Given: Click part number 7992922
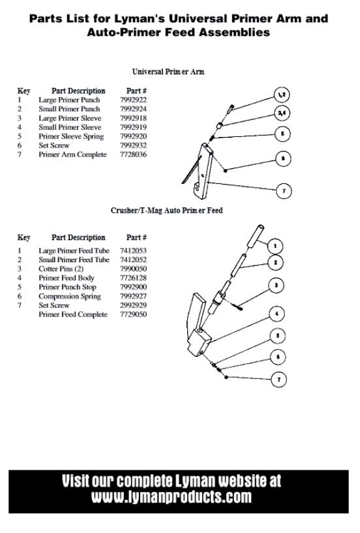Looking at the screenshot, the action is point(133,100).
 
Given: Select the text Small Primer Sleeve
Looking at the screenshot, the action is point(70,127).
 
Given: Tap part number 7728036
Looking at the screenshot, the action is point(133,155).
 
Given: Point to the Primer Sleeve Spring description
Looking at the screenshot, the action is point(71,136).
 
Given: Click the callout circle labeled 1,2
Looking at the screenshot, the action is point(282,95).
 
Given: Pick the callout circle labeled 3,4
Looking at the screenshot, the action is point(282,114).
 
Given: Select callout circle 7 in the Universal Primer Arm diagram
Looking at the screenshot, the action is point(284,190).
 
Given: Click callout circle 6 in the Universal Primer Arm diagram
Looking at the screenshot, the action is point(283,159).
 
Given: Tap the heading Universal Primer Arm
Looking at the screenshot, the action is point(168,72).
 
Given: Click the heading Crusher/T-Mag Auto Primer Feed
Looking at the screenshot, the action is point(166,211).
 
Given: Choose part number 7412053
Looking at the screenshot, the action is point(133,251).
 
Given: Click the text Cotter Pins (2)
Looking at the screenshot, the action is point(61,269).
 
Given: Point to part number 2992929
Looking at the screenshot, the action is point(133,305).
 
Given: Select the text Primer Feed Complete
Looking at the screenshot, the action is point(73,314).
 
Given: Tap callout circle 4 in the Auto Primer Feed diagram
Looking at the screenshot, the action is point(277,314).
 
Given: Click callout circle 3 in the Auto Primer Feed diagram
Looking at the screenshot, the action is point(276,285).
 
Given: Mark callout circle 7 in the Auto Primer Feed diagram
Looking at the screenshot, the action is point(278,379).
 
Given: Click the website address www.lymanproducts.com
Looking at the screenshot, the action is point(172,497).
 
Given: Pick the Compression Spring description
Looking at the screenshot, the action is point(70,296).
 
